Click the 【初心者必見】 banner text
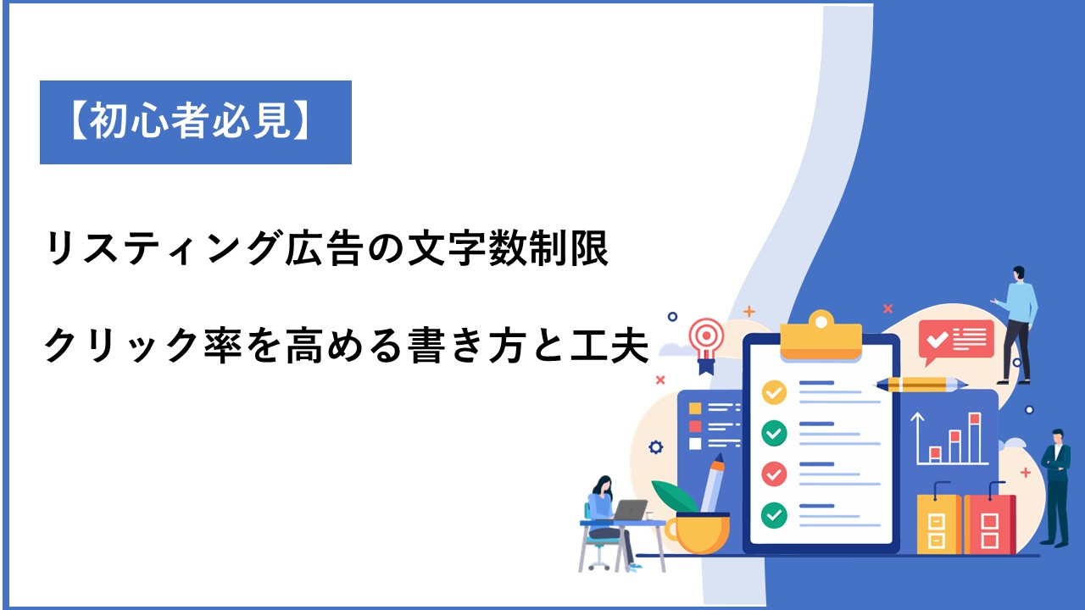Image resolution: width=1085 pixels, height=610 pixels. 191,121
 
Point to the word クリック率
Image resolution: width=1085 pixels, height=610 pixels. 143,345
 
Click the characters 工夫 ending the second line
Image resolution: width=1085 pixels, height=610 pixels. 609,345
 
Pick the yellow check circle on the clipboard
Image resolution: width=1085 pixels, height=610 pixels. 774,392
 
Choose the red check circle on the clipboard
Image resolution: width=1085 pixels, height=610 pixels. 774,474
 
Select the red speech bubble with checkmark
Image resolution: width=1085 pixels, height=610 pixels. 956,341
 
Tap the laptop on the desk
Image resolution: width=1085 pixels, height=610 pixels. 629,510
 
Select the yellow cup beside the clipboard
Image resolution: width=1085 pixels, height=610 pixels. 698,534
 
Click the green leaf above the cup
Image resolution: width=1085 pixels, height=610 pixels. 674,496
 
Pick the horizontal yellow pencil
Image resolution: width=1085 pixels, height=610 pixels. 921,385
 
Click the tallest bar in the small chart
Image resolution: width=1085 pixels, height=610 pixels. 975,438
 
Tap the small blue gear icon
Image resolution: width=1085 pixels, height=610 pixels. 656,447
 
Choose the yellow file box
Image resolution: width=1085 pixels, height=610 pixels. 938,523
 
